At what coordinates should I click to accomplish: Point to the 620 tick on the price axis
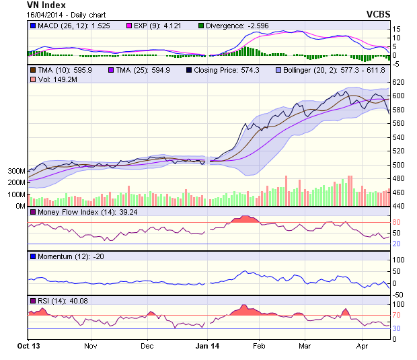click(397, 82)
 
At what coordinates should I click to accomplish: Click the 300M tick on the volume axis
click(17, 172)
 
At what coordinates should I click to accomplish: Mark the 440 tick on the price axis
click(397, 207)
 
